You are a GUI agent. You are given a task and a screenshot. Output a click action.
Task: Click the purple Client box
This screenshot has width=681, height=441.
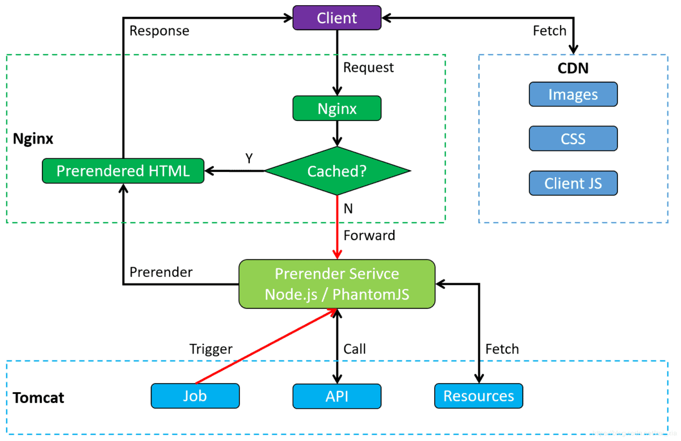pyautogui.click(x=337, y=18)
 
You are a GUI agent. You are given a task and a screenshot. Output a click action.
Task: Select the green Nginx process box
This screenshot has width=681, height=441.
pyautogui.click(x=337, y=108)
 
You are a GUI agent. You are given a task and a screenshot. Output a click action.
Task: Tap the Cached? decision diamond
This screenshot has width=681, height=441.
pyautogui.click(x=337, y=171)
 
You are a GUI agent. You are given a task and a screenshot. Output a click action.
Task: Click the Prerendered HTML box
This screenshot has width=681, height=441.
pyautogui.click(x=123, y=171)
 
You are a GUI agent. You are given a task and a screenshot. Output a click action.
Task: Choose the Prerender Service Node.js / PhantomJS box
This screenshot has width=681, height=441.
pyautogui.click(x=337, y=284)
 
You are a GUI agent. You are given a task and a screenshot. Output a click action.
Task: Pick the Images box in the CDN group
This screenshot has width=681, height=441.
pyautogui.click(x=573, y=94)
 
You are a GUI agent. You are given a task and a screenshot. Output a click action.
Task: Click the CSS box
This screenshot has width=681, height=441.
pyautogui.click(x=573, y=138)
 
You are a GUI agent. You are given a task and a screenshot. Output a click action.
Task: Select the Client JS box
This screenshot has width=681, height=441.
pyautogui.click(x=573, y=183)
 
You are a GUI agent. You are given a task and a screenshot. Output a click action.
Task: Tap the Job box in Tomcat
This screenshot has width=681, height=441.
pyautogui.click(x=195, y=396)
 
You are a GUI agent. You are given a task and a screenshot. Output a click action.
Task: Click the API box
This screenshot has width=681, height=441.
pyautogui.click(x=337, y=396)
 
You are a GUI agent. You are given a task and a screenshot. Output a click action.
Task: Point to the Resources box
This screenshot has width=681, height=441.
pyautogui.click(x=479, y=396)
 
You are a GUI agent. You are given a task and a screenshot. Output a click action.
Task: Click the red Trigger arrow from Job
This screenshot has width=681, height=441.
pyautogui.click(x=266, y=346)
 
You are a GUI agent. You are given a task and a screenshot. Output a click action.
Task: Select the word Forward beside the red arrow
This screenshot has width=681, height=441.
pyautogui.click(x=369, y=236)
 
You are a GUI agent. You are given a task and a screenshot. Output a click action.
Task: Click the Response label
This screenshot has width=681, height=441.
pyautogui.click(x=159, y=31)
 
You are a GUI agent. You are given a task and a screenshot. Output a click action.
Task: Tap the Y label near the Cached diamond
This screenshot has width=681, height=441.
pyautogui.click(x=249, y=158)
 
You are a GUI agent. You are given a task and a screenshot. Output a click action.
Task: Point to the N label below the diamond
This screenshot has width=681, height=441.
pyautogui.click(x=348, y=209)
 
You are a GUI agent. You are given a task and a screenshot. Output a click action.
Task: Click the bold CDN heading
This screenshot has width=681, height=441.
pyautogui.click(x=573, y=68)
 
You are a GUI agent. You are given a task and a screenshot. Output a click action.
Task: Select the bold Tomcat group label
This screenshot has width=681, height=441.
pyautogui.click(x=39, y=397)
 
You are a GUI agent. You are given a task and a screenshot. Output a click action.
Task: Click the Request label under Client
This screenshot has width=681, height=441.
pyautogui.click(x=368, y=68)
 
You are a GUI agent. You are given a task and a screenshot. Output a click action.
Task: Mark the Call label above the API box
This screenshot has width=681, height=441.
pyautogui.click(x=355, y=349)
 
